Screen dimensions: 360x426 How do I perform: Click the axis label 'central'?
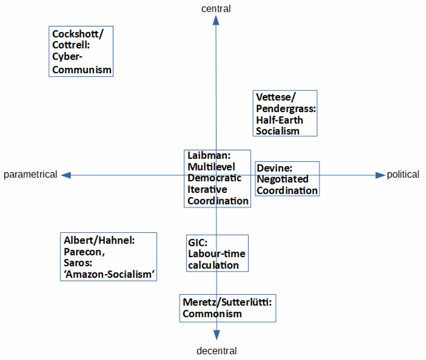pyautogui.click(x=216, y=8)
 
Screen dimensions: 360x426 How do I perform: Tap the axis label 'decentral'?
pyautogui.click(x=216, y=351)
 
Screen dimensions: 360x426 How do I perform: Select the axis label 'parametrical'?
pyautogui.click(x=30, y=175)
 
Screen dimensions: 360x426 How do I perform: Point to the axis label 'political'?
pyautogui.click(x=403, y=175)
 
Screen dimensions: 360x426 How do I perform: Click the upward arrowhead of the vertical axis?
pyautogui.click(x=216, y=20)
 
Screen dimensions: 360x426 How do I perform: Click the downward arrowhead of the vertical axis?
pyautogui.click(x=217, y=335)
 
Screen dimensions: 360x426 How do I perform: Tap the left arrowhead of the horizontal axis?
pyautogui.click(x=66, y=175)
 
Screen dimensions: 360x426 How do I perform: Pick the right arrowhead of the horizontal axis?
pyautogui.click(x=380, y=175)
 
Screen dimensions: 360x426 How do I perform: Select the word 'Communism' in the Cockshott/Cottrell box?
pyautogui.click(x=82, y=69)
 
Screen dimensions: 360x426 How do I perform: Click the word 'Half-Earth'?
pyautogui.click(x=279, y=120)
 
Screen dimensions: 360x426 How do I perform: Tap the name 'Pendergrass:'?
pyautogui.click(x=286, y=108)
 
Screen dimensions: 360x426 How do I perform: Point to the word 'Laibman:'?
pyautogui.click(x=208, y=155)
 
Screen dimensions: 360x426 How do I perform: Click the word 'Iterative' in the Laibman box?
pyautogui.click(x=207, y=190)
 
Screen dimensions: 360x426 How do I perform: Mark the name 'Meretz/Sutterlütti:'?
pyautogui.click(x=227, y=302)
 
